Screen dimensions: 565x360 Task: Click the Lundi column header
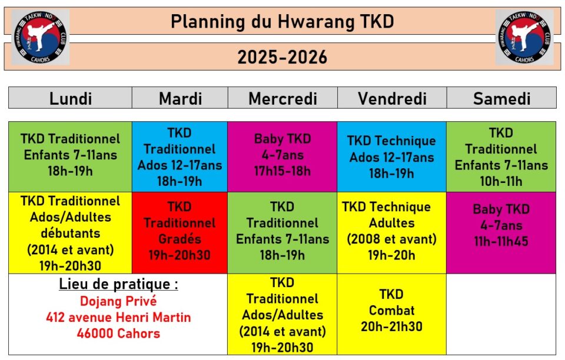point(70,98)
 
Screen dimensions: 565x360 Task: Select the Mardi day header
point(180,98)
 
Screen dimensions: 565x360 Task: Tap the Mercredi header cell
point(282,98)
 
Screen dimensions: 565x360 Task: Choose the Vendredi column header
point(392,98)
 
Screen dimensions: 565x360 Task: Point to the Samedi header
point(501,98)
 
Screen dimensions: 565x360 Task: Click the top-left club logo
point(41,37)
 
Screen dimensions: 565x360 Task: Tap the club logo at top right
point(524,37)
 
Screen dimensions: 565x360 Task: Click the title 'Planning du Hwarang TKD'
point(282,22)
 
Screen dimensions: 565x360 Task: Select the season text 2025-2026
point(282,57)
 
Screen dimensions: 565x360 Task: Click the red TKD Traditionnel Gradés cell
point(180,232)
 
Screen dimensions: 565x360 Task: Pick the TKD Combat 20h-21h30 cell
point(392,314)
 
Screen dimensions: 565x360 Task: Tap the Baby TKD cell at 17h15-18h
point(282,156)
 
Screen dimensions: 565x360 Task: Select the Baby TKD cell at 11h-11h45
point(501,232)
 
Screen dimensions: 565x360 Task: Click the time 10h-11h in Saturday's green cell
point(501,181)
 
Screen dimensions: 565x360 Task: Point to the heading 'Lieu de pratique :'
point(118,284)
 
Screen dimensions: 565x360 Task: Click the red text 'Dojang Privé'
point(118,301)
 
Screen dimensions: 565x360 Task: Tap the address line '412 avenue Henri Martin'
point(118,317)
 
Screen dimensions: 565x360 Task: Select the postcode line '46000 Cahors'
point(118,334)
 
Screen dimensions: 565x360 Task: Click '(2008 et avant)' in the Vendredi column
point(392,239)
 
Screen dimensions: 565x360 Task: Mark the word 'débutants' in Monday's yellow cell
point(70,234)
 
